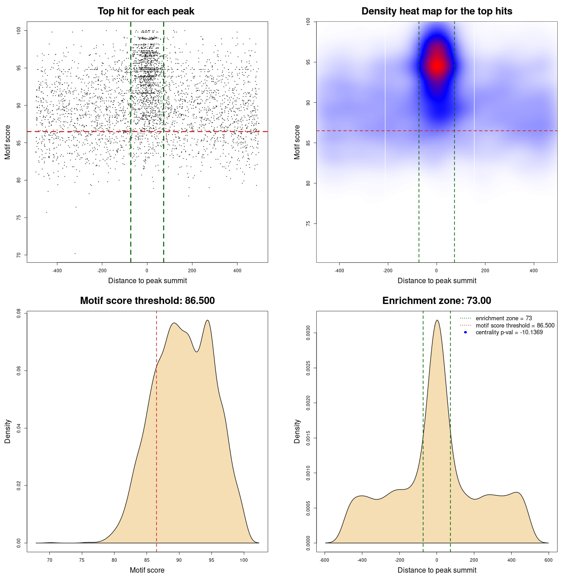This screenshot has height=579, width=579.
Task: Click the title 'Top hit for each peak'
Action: pos(146,11)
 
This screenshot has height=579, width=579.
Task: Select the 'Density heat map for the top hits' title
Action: pos(437,11)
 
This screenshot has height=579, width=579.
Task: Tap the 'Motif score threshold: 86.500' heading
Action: pos(147,301)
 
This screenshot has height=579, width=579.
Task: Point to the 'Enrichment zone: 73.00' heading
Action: pos(437,301)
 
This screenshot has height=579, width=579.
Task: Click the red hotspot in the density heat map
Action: pos(437,65)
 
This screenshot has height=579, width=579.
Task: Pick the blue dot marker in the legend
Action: pos(465,332)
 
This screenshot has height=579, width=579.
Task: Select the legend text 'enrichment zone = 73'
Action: pos(503,318)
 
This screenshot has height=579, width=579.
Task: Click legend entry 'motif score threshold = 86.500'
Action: pos(515,326)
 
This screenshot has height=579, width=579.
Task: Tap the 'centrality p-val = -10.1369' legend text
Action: pos(509,332)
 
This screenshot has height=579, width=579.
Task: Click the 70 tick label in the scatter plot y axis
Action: pos(19,255)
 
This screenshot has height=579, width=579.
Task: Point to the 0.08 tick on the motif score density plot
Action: pos(19,313)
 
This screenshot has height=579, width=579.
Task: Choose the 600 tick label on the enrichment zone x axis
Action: pos(548,560)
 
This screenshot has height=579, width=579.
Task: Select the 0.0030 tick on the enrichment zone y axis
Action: pos(308,333)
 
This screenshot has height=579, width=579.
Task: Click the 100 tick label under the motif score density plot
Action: pos(244,560)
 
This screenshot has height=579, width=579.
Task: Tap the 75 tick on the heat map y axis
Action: pos(308,223)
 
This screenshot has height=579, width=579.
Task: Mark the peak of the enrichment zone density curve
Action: pos(437,320)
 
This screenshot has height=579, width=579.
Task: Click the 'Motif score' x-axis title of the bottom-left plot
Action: pos(147,570)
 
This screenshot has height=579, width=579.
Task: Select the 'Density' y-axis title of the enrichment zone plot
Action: pos(297,431)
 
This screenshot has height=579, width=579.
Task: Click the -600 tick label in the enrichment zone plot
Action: pos(324,560)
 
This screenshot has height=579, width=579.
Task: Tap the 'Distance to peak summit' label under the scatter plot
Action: pos(147,281)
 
